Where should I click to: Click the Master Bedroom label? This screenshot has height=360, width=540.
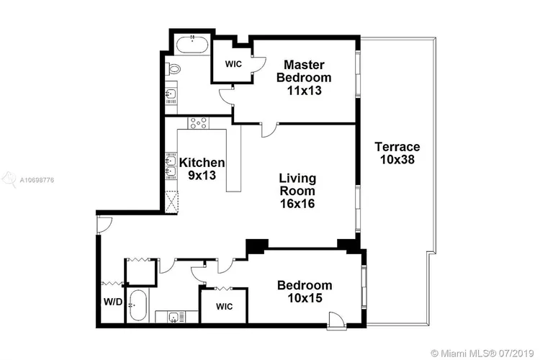(304, 78)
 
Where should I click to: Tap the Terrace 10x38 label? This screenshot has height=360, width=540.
(397, 153)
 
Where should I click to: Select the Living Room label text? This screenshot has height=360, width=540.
(297, 191)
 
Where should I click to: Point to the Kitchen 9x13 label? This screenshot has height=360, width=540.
(202, 168)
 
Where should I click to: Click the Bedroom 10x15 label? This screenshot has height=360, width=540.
(305, 292)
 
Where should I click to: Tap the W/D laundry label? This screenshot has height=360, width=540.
(113, 302)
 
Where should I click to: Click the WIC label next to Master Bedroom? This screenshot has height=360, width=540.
(233, 64)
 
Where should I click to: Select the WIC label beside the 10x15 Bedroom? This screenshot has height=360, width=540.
(224, 306)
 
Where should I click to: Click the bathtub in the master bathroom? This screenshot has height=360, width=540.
(192, 45)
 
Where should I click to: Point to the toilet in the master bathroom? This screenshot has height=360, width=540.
(174, 69)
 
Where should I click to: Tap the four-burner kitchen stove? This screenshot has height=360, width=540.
(199, 123)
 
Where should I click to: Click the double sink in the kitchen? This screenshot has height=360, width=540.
(171, 166)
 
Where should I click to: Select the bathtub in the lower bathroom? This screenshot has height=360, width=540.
(138, 305)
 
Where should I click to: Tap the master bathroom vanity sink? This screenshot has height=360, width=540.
(171, 94)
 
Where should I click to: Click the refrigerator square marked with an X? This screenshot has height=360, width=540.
(171, 202)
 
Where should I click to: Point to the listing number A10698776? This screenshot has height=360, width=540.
(37, 180)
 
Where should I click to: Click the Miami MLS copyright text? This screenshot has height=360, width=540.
(482, 354)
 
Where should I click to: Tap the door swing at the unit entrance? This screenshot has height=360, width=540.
(104, 225)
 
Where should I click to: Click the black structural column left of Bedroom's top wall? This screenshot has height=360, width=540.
(257, 247)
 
